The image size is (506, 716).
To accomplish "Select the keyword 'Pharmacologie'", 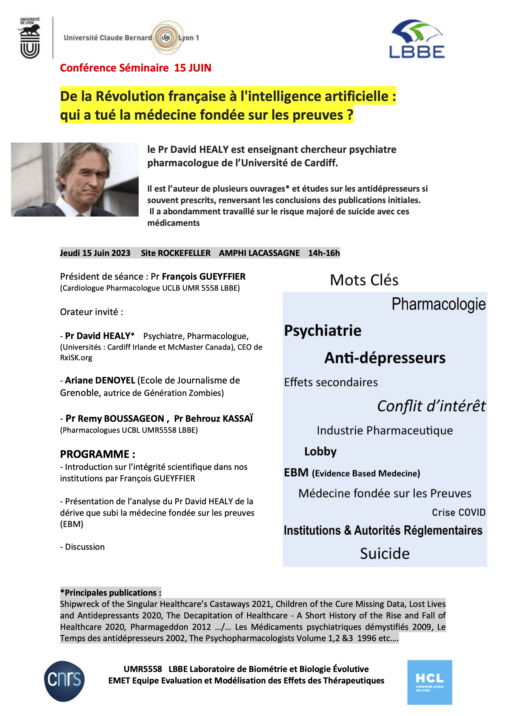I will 438,304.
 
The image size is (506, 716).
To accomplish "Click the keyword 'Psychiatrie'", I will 323,331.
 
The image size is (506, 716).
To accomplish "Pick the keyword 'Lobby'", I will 320,452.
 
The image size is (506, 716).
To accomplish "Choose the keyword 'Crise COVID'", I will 458,512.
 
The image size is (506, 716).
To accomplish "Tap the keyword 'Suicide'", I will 385,554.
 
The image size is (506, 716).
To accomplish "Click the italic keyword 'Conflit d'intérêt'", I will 431,406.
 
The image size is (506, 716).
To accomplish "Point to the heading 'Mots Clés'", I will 364,280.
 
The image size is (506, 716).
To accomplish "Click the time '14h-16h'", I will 324,253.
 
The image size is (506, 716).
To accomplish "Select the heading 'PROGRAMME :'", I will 98,454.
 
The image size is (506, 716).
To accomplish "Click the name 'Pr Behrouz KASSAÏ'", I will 214,418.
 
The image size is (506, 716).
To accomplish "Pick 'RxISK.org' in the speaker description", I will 76,358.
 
